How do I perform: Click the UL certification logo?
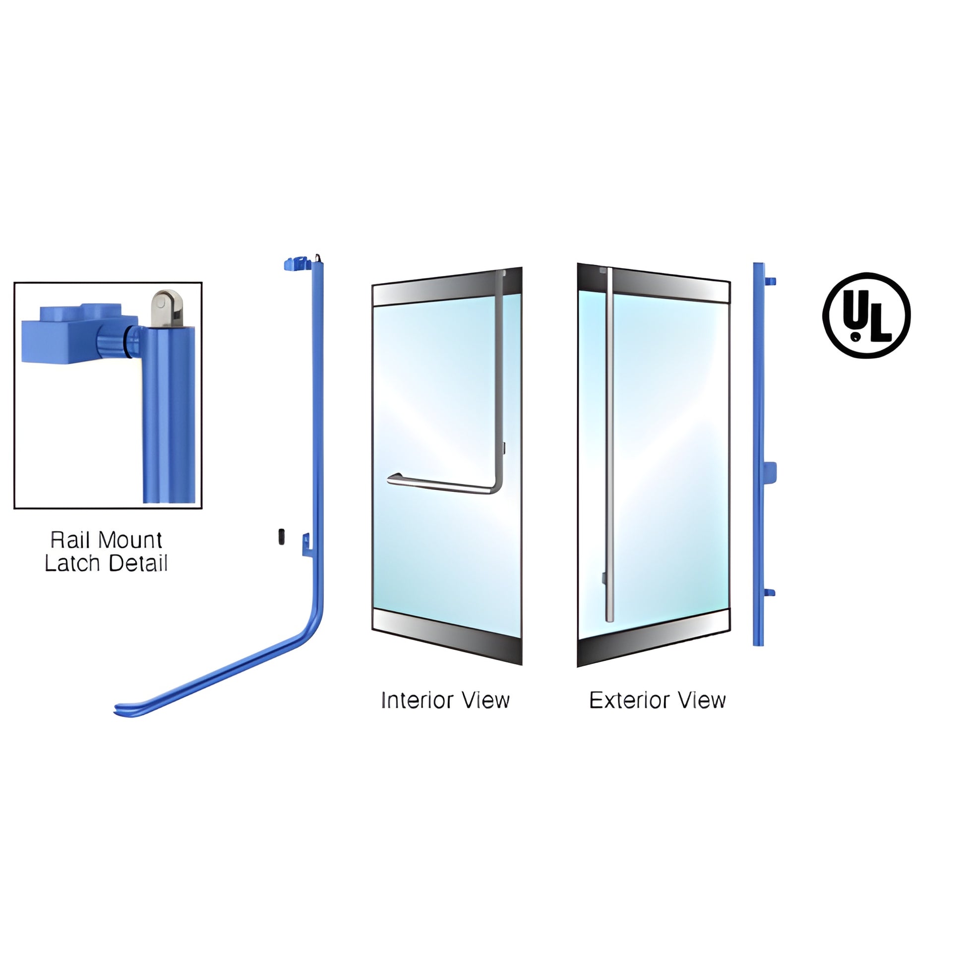coord(866,315)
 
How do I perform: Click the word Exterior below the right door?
coord(629,700)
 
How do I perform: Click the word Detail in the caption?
coord(137,563)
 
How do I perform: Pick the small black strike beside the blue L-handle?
coord(281,537)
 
